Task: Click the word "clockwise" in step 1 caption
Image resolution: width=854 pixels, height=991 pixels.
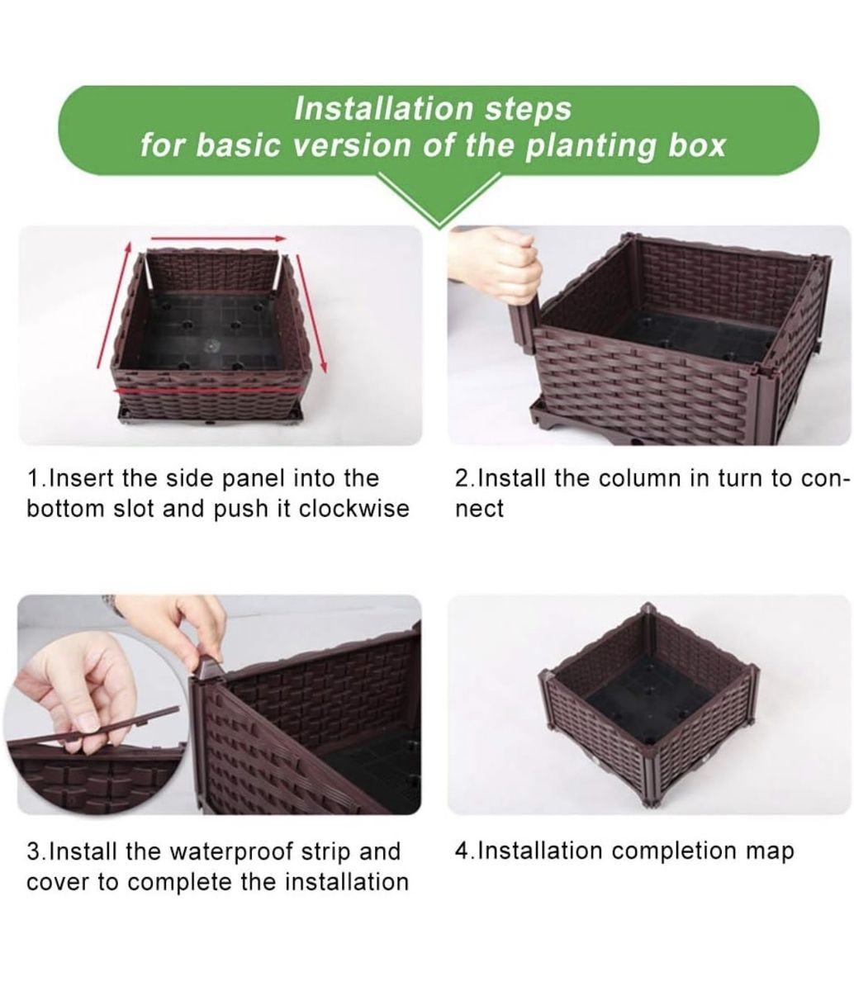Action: point(354,509)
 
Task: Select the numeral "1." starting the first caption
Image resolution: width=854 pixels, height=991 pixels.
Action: point(37,478)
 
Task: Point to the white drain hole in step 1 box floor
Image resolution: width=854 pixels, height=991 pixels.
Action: point(211,345)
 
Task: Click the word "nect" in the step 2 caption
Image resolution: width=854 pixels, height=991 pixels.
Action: point(480,510)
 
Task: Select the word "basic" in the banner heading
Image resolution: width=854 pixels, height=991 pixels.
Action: point(238,145)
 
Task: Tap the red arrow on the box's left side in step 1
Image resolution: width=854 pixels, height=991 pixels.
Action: point(113,305)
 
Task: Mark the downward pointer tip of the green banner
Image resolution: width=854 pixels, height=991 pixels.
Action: point(439,226)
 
